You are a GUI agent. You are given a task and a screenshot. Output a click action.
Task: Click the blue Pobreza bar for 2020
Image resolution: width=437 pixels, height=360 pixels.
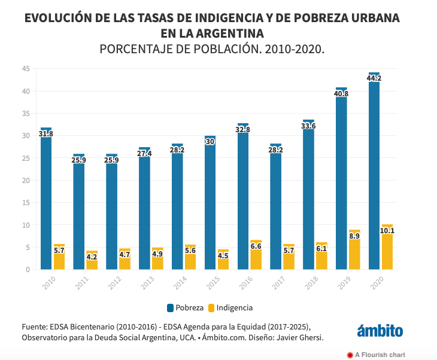(374, 173)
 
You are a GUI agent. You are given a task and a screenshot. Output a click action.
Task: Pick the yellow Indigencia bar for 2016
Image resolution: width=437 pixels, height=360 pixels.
(256, 255)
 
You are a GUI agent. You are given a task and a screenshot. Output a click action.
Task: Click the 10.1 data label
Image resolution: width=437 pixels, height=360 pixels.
(387, 231)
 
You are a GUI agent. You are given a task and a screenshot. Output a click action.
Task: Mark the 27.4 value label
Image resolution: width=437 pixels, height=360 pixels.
(144, 154)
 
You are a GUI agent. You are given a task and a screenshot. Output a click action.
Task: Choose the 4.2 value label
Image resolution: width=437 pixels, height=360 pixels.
(92, 258)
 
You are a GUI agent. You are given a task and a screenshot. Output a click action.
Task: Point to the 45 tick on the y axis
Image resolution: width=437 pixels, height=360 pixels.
(26, 69)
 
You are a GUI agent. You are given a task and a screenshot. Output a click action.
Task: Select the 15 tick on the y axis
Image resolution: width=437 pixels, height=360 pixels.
(26, 203)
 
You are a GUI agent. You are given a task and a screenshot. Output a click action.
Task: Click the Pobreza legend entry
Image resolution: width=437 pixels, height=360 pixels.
(185, 308)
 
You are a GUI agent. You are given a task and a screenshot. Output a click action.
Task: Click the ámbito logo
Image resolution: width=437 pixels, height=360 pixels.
(380, 331)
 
